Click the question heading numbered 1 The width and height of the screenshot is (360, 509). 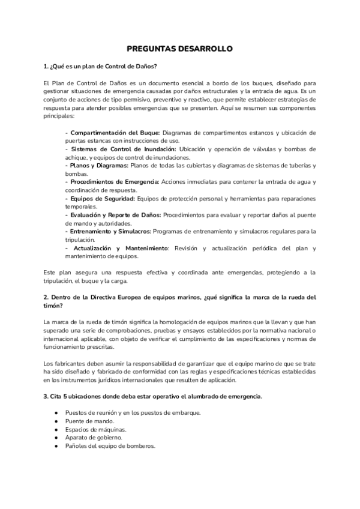coord(100,65)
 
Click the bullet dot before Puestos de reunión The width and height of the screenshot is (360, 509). coord(56,412)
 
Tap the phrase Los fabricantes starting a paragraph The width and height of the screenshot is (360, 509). coord(65,364)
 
